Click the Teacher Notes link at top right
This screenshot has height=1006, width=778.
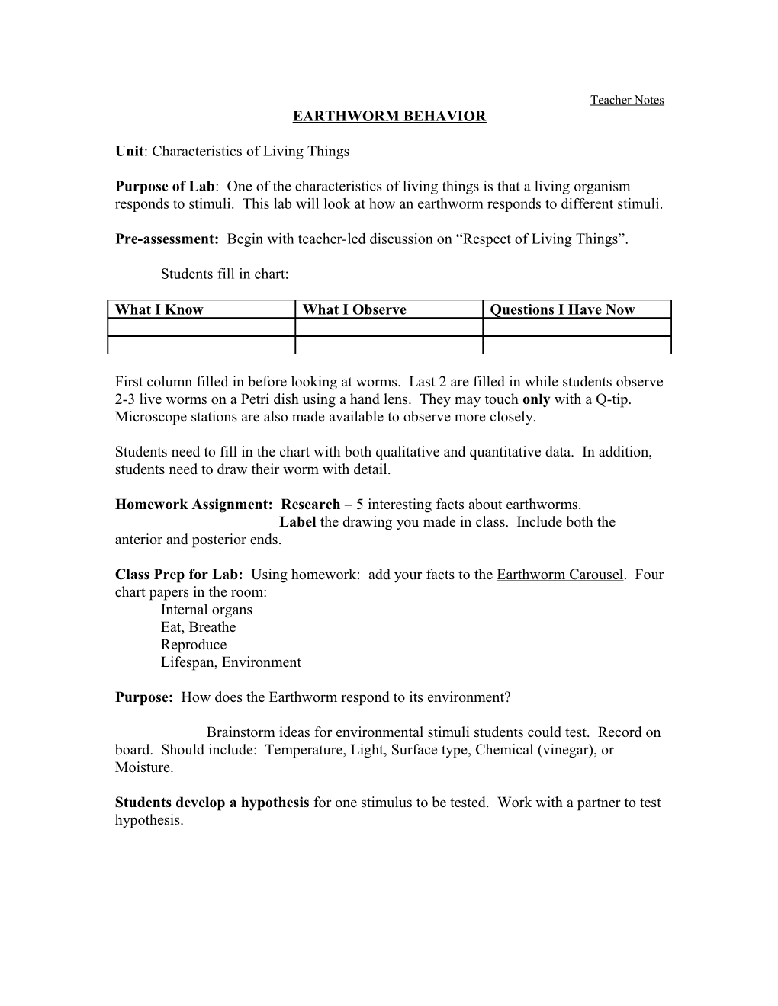[x=626, y=100]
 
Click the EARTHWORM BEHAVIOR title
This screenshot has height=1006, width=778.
[x=390, y=117]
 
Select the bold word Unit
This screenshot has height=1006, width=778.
[x=129, y=151]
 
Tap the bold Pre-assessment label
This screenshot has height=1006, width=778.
[x=167, y=239]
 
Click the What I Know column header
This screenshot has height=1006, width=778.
[x=159, y=309]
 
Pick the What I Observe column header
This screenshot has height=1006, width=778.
[x=354, y=309]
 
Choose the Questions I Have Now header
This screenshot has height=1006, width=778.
[x=562, y=309]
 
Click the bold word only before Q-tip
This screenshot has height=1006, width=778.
[x=536, y=399]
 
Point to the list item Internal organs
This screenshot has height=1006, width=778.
[x=206, y=610]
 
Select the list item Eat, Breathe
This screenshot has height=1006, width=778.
[x=198, y=627]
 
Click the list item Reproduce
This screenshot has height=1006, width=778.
[x=194, y=645]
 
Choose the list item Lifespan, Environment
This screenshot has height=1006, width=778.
[x=230, y=662]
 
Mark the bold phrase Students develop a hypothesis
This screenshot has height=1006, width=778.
[x=212, y=803]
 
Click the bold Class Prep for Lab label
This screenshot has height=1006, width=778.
[x=179, y=575]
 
